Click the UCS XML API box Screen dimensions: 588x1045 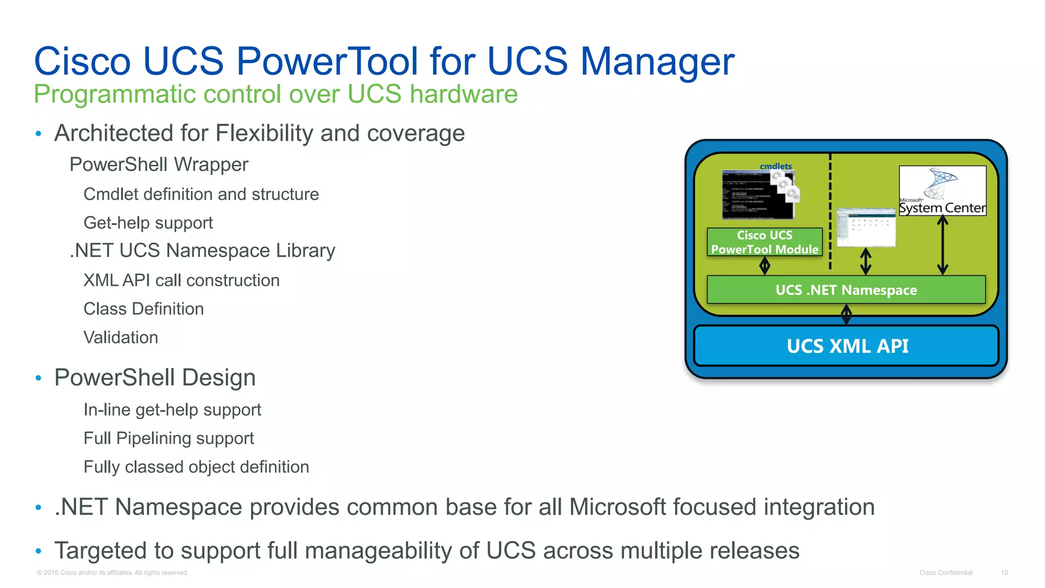846,346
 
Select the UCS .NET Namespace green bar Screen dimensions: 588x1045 846,290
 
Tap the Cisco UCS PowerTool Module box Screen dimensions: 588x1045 764,242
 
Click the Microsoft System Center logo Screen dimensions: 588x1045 942,190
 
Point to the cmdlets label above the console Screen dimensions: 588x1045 776,166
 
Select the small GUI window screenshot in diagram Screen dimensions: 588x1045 866,227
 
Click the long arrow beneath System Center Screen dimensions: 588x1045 942,245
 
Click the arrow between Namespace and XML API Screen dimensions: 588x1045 846,314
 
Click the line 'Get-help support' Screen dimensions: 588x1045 148,223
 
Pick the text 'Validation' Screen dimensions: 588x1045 120,337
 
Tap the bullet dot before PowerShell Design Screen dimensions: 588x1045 38,378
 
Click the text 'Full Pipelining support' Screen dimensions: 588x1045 168,438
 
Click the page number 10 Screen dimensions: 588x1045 1004,573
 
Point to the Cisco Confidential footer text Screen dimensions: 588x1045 946,573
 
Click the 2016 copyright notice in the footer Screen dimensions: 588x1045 112,573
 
